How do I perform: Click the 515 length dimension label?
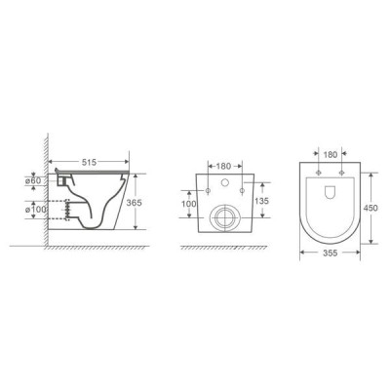click(88, 162)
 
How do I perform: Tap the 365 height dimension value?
click(135, 203)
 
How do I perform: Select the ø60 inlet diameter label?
click(33, 180)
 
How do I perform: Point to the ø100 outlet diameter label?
click(35, 210)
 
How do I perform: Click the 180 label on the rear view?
click(223, 167)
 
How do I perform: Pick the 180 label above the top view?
click(331, 155)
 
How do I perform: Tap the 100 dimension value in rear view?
click(189, 204)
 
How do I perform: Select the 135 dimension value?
click(261, 201)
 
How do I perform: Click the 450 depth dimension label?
click(370, 208)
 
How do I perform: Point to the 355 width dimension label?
click(331, 253)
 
